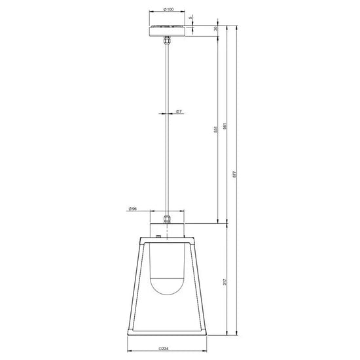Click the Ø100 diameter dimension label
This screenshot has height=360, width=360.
point(168,10)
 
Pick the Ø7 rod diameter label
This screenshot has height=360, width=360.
point(179,111)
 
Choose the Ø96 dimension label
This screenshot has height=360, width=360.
point(133,209)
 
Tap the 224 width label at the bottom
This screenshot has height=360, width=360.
point(168,348)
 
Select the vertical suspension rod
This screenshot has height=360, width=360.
point(168,131)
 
